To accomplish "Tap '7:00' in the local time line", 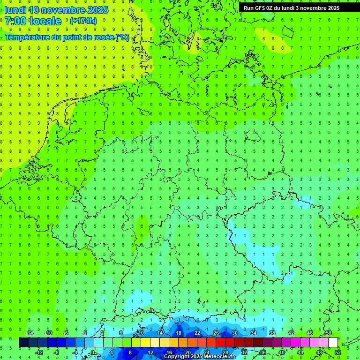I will pos(15,21).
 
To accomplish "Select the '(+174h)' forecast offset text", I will pos(83,21).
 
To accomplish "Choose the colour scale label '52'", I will pos(338,352).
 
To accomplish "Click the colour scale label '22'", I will pos(197,333).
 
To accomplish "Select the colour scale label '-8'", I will pos(57,352).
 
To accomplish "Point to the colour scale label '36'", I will pos(263,352).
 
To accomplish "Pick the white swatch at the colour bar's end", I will pos(333,343).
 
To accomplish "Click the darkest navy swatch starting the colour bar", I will pos(23,343).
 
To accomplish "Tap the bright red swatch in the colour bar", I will pos(220,343).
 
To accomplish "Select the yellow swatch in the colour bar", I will pos(145,343).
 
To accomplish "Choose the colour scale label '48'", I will pos(319,352).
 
